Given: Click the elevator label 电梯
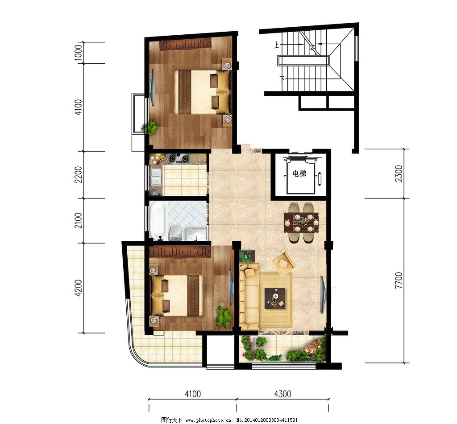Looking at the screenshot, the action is click(x=299, y=174).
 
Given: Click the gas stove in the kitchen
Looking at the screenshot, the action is click(x=179, y=159).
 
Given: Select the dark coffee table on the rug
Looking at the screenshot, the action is click(x=275, y=298).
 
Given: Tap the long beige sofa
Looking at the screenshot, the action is click(x=249, y=296).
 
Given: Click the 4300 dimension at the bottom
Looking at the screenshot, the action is click(x=283, y=394).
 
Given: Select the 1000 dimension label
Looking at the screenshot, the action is click(x=79, y=53).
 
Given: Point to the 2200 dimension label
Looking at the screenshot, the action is click(x=79, y=175).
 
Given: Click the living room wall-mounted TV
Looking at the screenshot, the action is click(x=322, y=294).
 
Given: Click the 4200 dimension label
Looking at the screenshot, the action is click(x=79, y=288).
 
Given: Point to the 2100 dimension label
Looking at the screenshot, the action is click(x=79, y=220).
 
